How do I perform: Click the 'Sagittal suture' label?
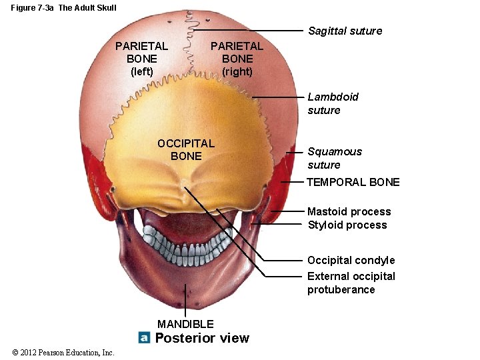[x=345, y=31]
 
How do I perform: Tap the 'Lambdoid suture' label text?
[x=333, y=103]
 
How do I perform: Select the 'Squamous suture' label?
[x=335, y=158]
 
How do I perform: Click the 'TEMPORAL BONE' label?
[x=353, y=182]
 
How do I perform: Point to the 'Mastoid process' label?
[x=349, y=211]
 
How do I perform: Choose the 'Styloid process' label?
[x=347, y=225]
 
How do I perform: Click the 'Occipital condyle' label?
[x=351, y=260]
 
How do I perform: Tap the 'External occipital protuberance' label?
[x=351, y=283]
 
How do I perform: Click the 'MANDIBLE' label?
[x=185, y=324]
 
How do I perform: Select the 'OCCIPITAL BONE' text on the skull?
[x=185, y=149]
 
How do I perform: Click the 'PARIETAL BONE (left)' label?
[x=141, y=59]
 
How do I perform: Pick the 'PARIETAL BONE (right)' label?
[x=237, y=59]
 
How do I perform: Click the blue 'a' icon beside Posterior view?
[x=144, y=338]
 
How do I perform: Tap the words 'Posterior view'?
[x=202, y=338]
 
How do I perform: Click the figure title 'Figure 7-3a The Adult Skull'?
[x=63, y=8]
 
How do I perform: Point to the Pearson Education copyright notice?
[x=63, y=353]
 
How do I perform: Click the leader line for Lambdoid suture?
[x=280, y=97]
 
